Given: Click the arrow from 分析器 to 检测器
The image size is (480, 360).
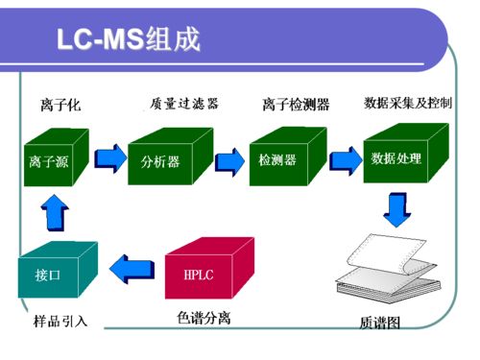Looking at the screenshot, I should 228,157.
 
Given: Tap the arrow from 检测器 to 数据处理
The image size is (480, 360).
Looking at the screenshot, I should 343,156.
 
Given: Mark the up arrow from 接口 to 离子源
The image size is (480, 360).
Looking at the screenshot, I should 53,212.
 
